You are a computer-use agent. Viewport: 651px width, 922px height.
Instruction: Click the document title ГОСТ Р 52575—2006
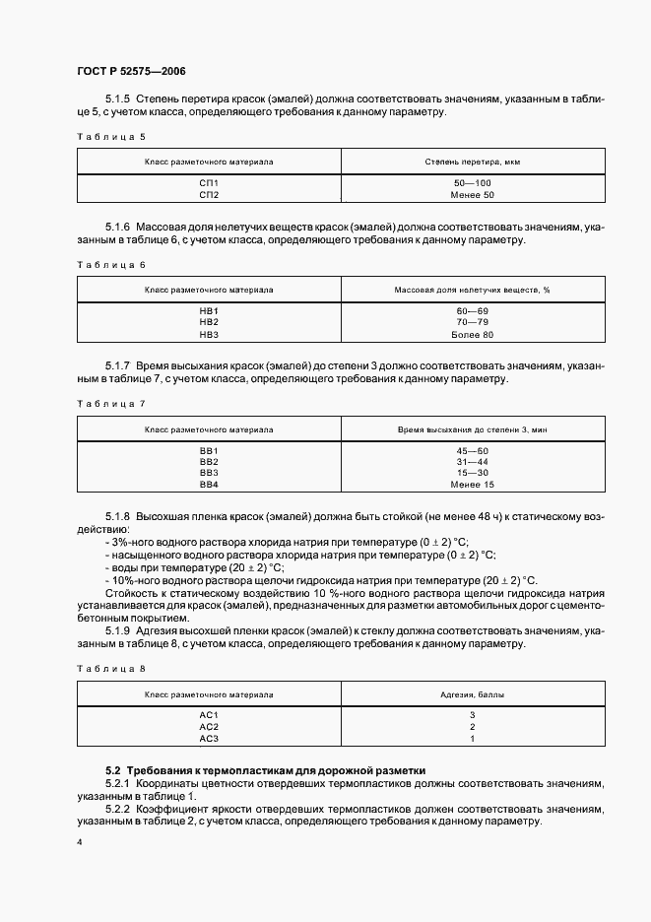coord(130,71)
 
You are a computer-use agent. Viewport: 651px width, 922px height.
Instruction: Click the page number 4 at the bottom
coord(78,842)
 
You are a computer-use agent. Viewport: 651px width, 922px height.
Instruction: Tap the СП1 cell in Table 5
coord(209,183)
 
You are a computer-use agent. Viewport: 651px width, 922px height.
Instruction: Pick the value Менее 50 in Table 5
coord(472,194)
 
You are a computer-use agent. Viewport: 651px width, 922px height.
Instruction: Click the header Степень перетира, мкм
coord(472,160)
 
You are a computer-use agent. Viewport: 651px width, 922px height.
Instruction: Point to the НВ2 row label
coord(209,322)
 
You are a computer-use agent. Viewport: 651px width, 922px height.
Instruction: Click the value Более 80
coord(472,334)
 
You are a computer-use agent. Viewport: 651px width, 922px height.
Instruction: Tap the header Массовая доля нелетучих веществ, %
coord(472,290)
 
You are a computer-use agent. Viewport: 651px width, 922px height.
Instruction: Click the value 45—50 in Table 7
coord(472,450)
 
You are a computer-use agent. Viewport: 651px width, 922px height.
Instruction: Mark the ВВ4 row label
coord(209,484)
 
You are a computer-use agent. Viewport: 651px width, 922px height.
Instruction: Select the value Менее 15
coord(472,484)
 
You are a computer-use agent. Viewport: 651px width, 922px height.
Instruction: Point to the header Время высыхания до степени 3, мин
coord(472,429)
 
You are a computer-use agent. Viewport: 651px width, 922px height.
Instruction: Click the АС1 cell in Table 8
coord(209,714)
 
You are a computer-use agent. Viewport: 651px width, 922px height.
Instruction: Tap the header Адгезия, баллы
coord(472,694)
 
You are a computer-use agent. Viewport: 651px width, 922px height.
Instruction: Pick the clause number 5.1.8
coord(117,516)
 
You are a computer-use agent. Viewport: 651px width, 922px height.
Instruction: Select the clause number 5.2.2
coord(117,809)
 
